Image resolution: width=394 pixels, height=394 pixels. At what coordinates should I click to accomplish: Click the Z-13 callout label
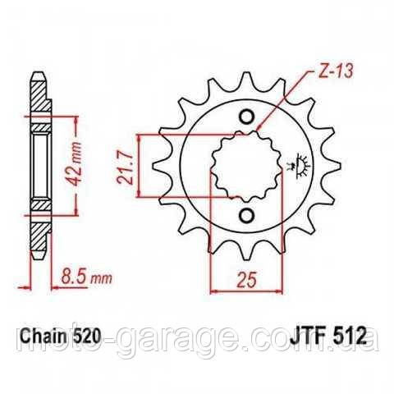336,71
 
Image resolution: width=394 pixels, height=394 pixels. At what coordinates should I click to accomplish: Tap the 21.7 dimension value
126,166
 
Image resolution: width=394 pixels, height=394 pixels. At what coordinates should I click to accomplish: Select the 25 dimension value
247,280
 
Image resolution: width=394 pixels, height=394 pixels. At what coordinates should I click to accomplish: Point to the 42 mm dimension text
74,163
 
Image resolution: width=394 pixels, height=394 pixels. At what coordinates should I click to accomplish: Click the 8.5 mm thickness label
86,277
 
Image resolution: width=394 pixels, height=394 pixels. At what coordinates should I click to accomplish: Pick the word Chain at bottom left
44,336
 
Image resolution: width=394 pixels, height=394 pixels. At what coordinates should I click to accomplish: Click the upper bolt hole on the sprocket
246,117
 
